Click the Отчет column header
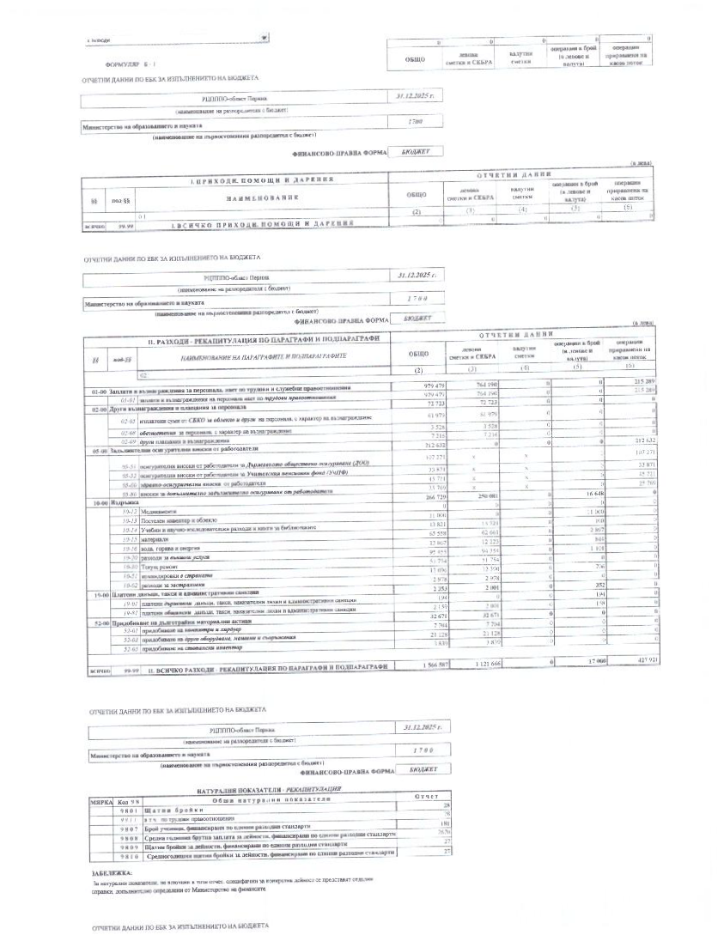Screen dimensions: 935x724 [426, 796]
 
